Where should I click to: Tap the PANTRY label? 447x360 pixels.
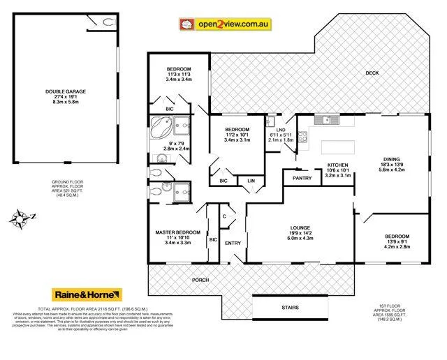click(x=301, y=178)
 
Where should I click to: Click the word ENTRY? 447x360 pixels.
click(x=232, y=243)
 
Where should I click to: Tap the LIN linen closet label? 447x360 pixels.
click(x=249, y=181)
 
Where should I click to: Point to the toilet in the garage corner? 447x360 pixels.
click(x=108, y=22)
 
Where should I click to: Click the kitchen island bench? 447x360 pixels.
click(x=337, y=148)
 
